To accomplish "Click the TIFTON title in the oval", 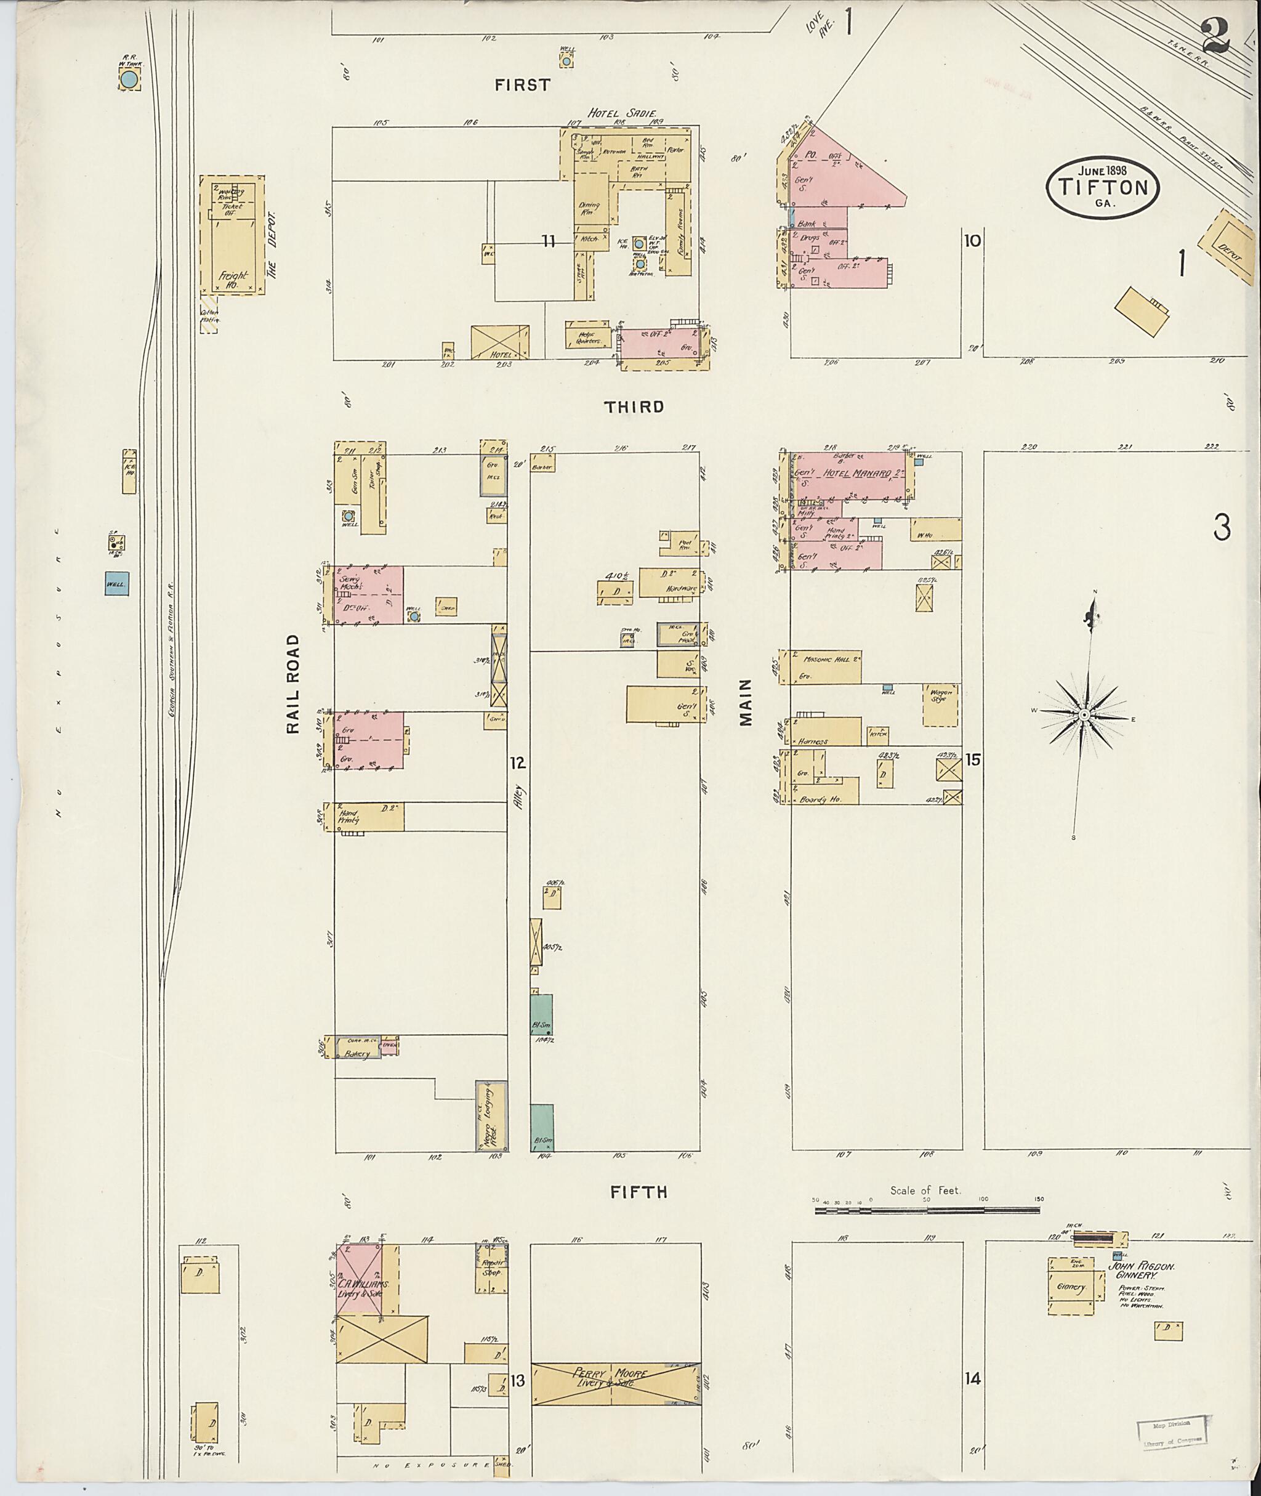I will coord(1102,188).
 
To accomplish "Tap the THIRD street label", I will coord(634,407).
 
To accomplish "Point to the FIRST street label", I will coord(523,85).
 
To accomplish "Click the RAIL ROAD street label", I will coord(293,684).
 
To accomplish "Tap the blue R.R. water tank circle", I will coord(129,80).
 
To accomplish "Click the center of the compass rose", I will coord(1084,715).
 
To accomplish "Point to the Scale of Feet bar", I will coord(927,1210).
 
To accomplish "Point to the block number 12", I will coord(518,763).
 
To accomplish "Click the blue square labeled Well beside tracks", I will coord(116,583).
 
